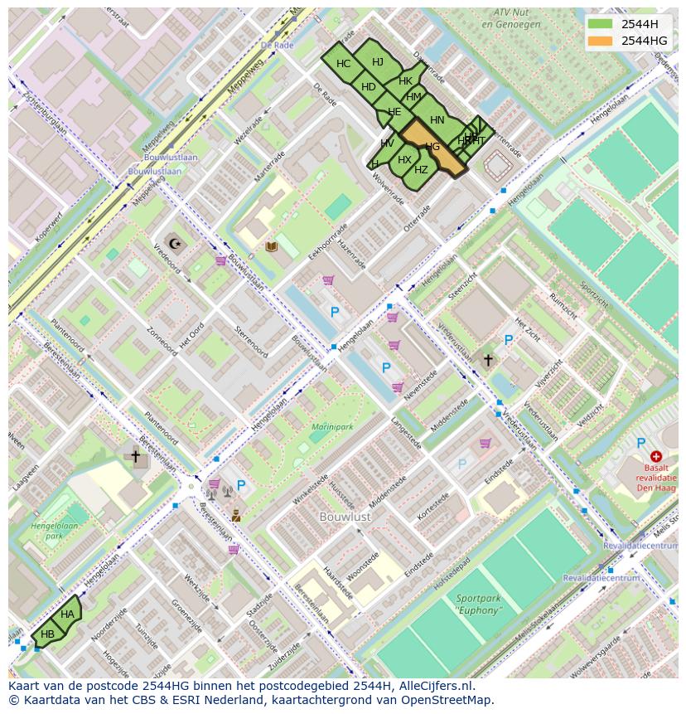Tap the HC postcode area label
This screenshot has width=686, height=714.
(343, 64)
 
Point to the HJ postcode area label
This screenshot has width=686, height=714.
(378, 62)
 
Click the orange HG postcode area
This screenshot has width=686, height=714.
(432, 147)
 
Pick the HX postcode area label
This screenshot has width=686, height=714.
(404, 160)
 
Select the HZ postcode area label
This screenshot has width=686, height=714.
(421, 170)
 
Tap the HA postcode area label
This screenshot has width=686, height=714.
(67, 614)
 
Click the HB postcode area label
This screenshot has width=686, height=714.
(47, 634)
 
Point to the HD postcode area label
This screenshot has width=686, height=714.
(369, 87)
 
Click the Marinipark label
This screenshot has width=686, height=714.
(331, 426)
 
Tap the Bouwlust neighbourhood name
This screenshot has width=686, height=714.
(345, 516)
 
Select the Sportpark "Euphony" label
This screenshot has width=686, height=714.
(478, 605)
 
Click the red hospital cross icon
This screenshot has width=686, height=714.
(656, 456)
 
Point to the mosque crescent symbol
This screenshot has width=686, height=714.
(175, 243)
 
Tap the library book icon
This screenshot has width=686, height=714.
(271, 246)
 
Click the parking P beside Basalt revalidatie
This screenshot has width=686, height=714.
(640, 444)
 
